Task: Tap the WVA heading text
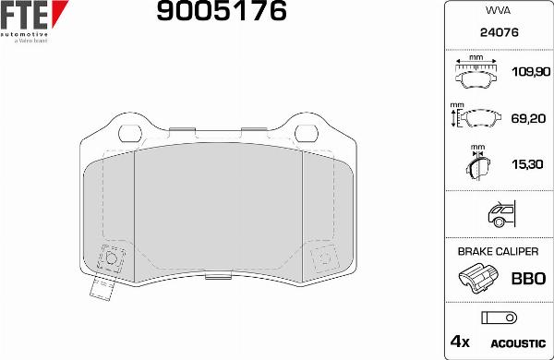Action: coord(498,12)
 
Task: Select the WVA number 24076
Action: coord(498,31)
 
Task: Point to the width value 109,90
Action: coord(529,71)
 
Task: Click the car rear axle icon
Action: coord(499,214)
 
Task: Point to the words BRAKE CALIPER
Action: coord(498,251)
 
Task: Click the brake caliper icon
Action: coord(478,278)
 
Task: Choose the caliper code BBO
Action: coord(529,279)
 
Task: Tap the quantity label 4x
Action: coord(459,342)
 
